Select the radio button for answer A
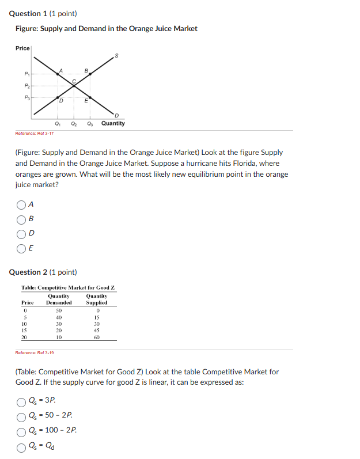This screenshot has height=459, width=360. (21, 204)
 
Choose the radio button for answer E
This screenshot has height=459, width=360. (21, 249)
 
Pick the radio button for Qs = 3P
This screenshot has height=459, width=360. (21, 400)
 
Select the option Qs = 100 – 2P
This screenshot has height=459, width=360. (21, 430)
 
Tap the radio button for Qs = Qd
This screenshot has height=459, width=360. (21, 445)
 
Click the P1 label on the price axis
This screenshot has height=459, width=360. (25, 74)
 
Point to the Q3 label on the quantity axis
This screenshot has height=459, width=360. (90, 123)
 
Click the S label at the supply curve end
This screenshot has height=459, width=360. (118, 55)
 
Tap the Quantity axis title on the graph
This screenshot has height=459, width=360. (113, 123)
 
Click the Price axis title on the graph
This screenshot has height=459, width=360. (22, 48)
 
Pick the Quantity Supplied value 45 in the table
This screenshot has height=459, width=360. (97, 330)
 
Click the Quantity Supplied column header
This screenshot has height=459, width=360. (97, 299)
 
